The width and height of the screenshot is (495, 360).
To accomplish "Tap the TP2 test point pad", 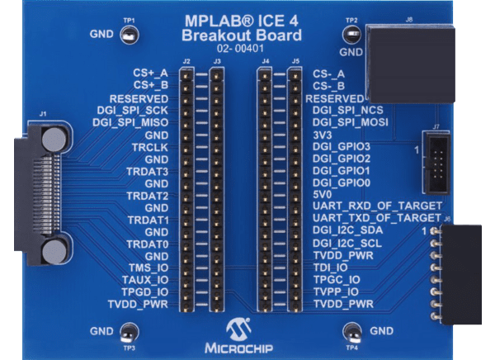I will tap(351, 36).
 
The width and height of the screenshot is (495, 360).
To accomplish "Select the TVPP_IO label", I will tap(337, 291).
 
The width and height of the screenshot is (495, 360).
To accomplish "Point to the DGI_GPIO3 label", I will tap(342, 146).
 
